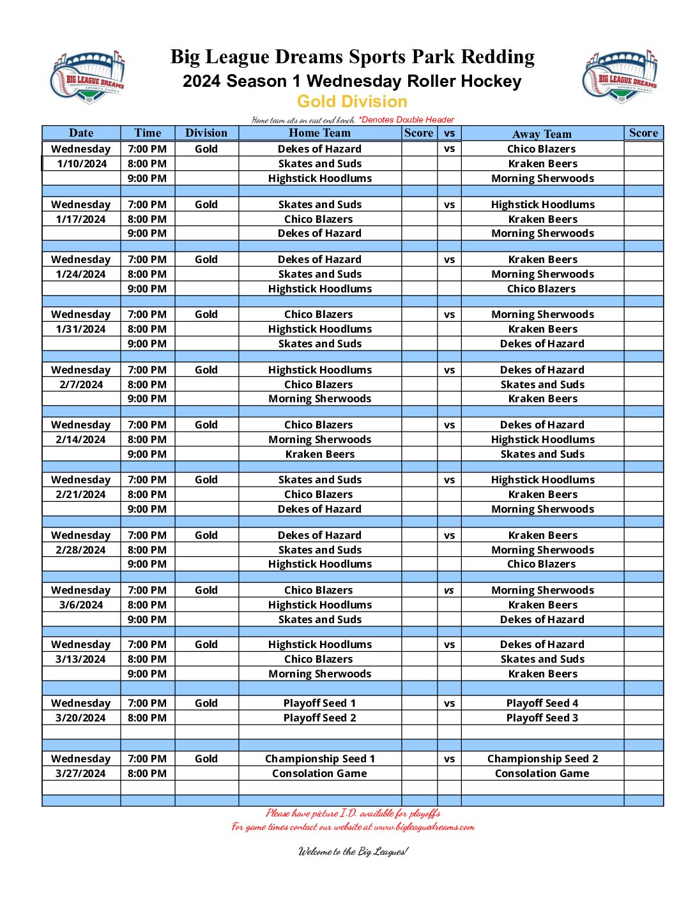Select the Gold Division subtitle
[352, 102]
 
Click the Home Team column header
[319, 133]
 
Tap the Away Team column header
[542, 133]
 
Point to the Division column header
[206, 133]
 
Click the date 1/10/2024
[82, 163]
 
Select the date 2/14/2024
[81, 439]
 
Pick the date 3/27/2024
[81, 773]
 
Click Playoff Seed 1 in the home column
[319, 703]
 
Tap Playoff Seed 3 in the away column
[542, 718]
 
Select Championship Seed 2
[542, 759]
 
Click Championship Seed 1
[319, 759]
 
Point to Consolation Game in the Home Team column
[319, 773]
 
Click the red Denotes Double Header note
[406, 119]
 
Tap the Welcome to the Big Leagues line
[353, 851]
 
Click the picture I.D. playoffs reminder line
[353, 813]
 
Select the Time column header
[148, 133]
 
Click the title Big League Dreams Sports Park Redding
[352, 57]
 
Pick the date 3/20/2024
[81, 718]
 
